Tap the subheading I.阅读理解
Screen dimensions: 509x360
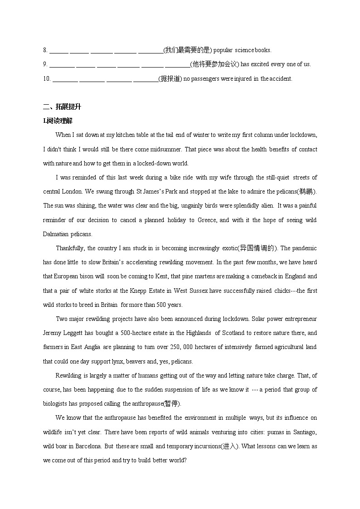point(58,121)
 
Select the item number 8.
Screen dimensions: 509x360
point(45,50)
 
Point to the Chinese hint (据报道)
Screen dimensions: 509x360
point(170,78)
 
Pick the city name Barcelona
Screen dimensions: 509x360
point(88,446)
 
